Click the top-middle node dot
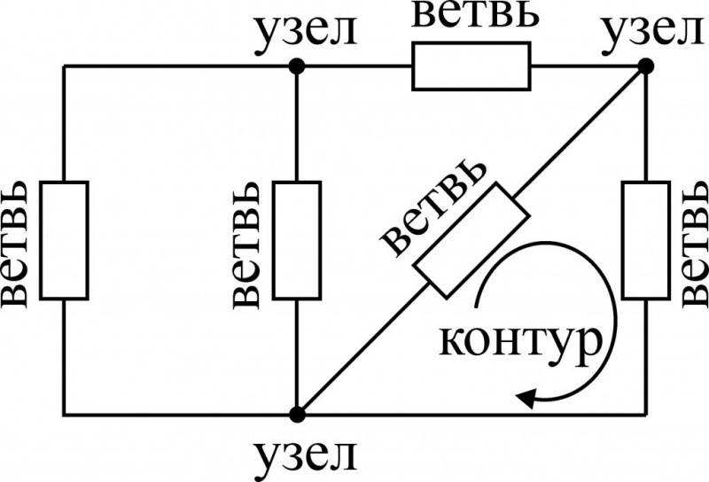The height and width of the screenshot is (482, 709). coord(297,66)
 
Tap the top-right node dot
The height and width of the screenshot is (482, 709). coord(646,66)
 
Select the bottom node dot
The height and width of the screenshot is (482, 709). coord(297,414)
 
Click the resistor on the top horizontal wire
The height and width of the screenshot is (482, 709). coord(471,66)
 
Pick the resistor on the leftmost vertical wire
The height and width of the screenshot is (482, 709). coord(64,240)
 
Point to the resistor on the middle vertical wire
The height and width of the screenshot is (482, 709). coord(297,240)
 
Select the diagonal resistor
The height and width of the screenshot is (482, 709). coord(471,240)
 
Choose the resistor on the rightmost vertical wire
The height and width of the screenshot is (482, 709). coord(646,240)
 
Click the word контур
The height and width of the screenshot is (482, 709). coord(521,342)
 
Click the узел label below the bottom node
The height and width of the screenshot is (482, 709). coord(306,456)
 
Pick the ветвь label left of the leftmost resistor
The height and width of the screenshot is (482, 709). coord(14,245)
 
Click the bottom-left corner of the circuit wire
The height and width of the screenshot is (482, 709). coord(64,414)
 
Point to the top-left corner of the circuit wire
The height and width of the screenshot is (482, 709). coord(64,66)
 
